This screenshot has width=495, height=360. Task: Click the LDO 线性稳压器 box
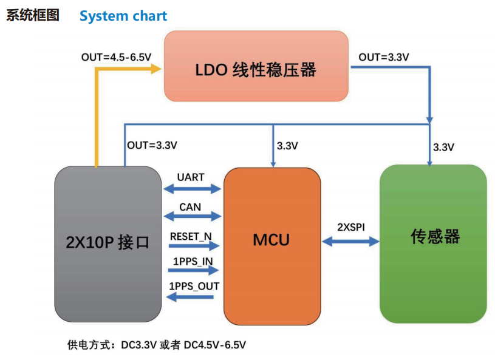point(256,66)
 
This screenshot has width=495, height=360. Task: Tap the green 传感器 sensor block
point(432,243)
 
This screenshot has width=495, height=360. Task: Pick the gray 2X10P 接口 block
point(108,243)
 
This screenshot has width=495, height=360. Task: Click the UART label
point(191,177)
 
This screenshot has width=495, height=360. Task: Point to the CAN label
point(190,207)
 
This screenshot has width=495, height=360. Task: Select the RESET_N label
point(191,236)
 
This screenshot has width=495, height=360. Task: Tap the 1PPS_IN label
point(191,262)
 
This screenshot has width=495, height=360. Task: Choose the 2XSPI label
point(351,227)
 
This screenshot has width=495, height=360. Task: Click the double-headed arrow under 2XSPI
point(351,242)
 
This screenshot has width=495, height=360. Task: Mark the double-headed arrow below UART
point(192,189)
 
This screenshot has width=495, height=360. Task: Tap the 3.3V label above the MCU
point(287,146)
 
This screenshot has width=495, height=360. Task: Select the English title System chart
point(123,16)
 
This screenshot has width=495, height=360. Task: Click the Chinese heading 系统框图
point(33,16)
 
